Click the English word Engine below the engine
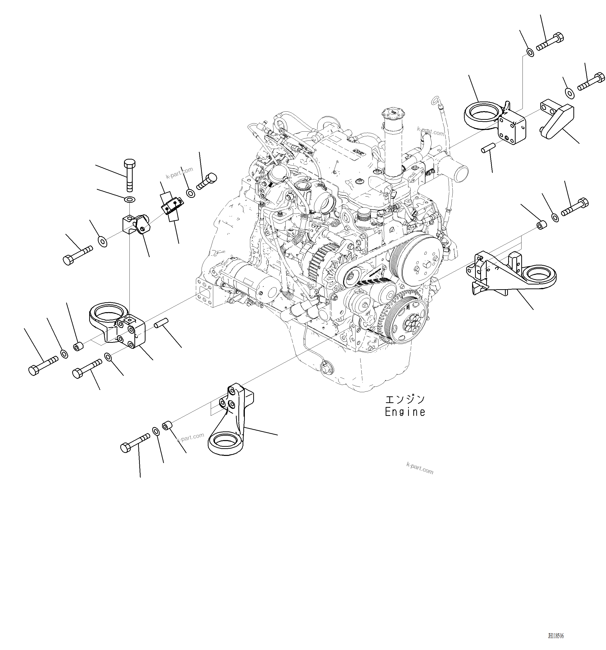[x=405, y=412]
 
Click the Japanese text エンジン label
[x=405, y=400]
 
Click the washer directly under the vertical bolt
[x=130, y=199]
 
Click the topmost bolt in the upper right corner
[x=550, y=42]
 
